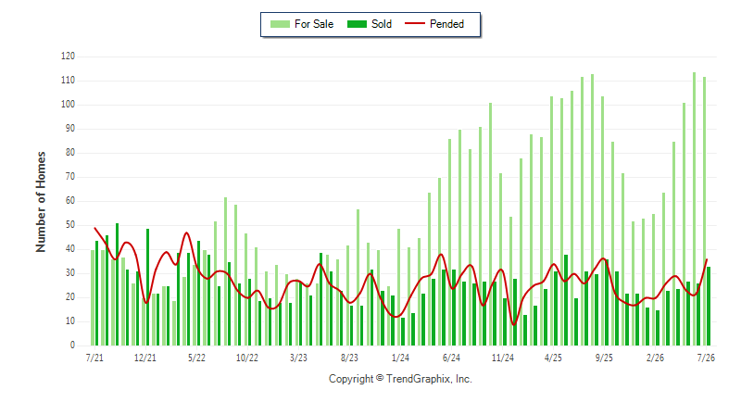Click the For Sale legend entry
(302, 24)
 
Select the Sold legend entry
(370, 24)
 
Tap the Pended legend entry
(434, 24)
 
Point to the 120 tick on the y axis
(68, 57)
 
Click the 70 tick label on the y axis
(70, 177)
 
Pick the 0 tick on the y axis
(73, 345)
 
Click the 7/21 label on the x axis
(94, 358)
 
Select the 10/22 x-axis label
(247, 358)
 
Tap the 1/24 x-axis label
(400, 358)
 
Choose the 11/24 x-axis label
(502, 358)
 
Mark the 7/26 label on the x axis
(706, 358)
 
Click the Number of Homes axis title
(41, 202)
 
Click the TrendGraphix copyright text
(400, 379)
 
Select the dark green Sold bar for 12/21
(147, 287)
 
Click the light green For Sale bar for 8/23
(348, 295)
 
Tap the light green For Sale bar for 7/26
(704, 211)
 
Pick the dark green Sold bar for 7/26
(709, 306)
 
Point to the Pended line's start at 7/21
(95, 228)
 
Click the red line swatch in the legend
(415, 23)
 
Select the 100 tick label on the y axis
(68, 105)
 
